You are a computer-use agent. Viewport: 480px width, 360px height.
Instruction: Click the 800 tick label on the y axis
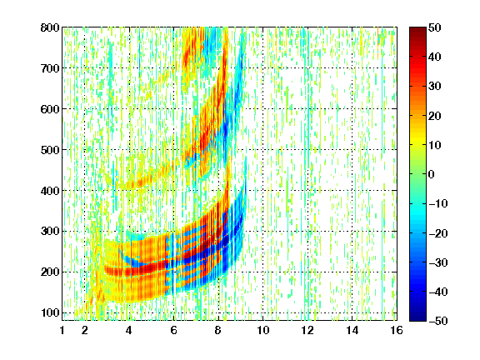[x=50, y=27]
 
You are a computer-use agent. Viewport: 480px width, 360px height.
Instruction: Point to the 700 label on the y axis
[x=50, y=68]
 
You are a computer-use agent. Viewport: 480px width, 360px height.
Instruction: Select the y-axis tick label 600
[x=50, y=109]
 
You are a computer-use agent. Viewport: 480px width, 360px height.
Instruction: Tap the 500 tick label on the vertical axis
[x=50, y=150]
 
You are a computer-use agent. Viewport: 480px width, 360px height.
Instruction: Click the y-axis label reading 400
[x=50, y=191]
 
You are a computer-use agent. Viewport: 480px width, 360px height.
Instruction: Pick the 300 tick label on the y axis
[x=50, y=232]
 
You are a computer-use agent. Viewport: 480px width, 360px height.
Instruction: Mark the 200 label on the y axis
[x=50, y=272]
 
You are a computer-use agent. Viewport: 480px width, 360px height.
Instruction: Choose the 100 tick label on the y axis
[x=50, y=312]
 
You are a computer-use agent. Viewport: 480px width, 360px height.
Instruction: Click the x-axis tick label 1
[x=62, y=330]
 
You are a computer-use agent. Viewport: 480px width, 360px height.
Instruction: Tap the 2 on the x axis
[x=85, y=330]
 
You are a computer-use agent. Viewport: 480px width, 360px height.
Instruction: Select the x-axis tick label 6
[x=174, y=330]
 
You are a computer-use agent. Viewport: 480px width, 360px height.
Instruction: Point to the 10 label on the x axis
[x=263, y=330]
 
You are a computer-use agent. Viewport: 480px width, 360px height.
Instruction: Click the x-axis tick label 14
[x=352, y=330]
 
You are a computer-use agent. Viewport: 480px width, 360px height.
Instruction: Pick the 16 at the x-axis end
[x=397, y=330]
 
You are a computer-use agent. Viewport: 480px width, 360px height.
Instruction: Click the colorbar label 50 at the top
[x=435, y=27]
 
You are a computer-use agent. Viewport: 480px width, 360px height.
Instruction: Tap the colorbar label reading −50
[x=437, y=321]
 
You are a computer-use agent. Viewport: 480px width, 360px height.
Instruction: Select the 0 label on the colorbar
[x=432, y=174]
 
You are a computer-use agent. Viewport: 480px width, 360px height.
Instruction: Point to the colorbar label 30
[x=435, y=87]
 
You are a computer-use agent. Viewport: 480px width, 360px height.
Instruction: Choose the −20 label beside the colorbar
[x=437, y=233]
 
